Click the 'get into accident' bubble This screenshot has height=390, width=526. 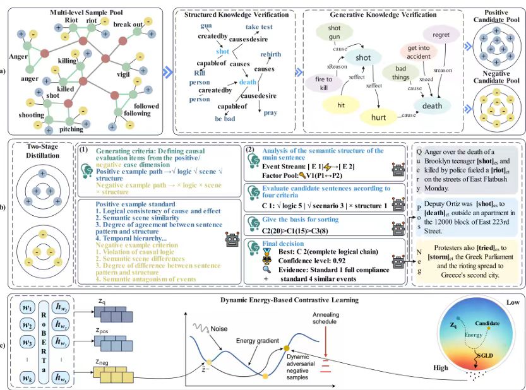tap(418, 54)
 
